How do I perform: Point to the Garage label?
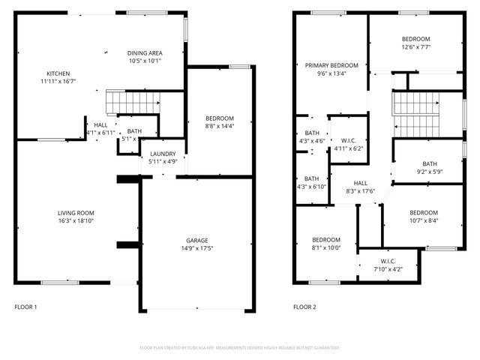(x=197, y=241)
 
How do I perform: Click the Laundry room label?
(x=163, y=152)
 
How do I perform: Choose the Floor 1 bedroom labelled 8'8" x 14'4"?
(x=220, y=118)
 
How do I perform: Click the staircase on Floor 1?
(x=133, y=102)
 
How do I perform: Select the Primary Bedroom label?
(x=331, y=65)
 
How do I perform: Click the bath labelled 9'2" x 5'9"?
(x=429, y=163)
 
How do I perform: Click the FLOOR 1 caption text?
(x=25, y=307)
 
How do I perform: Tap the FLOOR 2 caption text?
(x=304, y=307)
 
